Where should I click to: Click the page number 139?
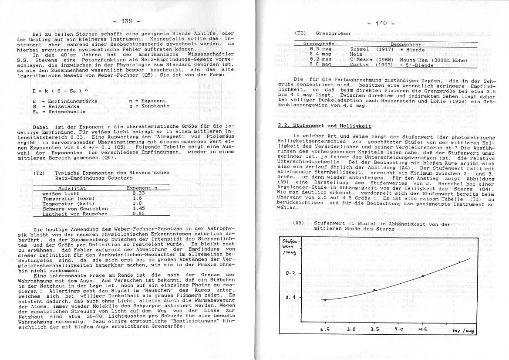pyautogui.click(x=126, y=20)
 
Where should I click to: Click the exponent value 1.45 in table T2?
pyautogui.click(x=138, y=209)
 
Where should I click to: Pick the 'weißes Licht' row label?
pyautogui.click(x=61, y=193)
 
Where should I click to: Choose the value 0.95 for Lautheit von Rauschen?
pyautogui.click(x=138, y=214)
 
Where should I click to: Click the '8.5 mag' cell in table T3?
pyautogui.click(x=320, y=49)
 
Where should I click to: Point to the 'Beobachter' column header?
pyautogui.click(x=405, y=44)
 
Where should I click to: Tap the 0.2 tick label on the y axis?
pyautogui.click(x=290, y=273)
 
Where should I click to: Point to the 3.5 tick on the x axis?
pyautogui.click(x=375, y=329)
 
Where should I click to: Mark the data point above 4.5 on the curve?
pyautogui.click(x=422, y=276)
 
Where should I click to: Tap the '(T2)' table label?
pyautogui.click(x=40, y=173)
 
